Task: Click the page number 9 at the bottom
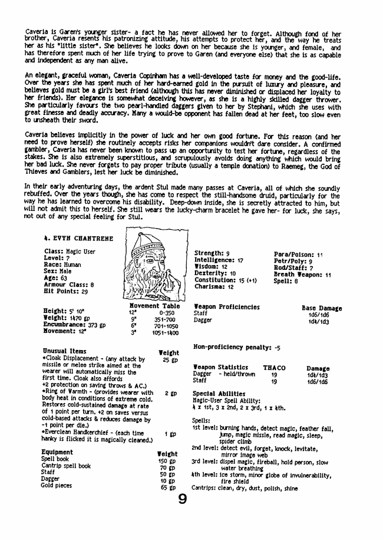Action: point(183,500)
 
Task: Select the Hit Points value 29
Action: point(85,291)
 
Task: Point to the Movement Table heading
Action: point(154,306)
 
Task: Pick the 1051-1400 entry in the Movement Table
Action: point(166,333)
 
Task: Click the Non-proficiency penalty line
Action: point(237,347)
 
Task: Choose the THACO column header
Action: point(274,368)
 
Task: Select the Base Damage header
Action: point(321,308)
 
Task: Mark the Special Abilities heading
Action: point(219,393)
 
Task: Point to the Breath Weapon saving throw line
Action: point(302,275)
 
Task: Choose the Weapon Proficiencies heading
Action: point(226,307)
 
